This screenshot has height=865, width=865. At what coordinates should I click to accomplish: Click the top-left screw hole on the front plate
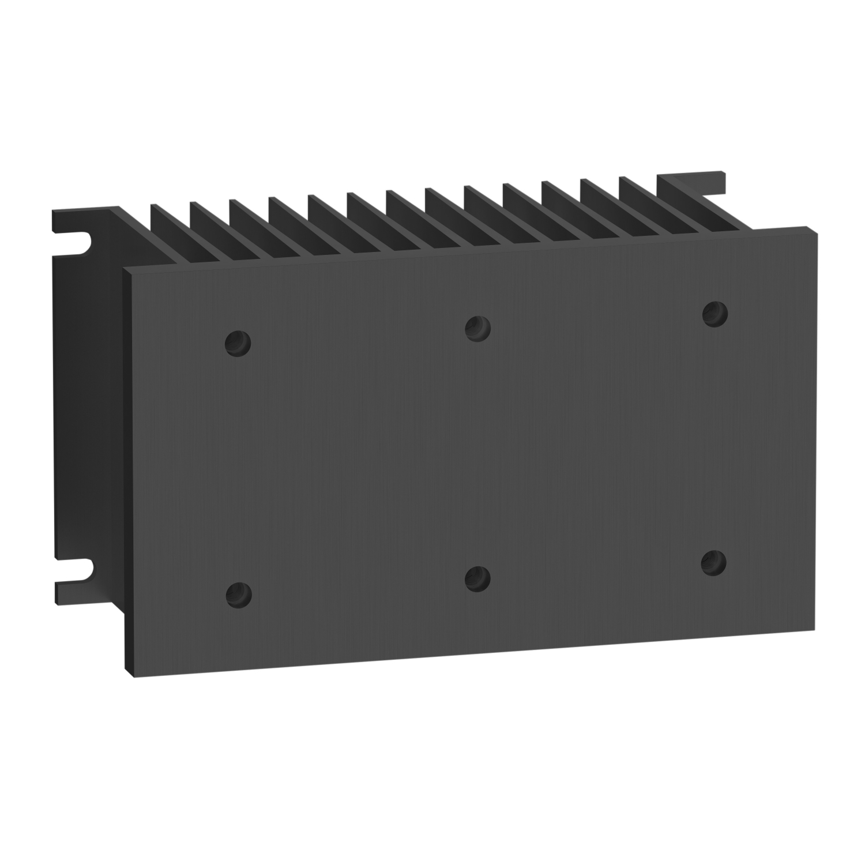(238, 344)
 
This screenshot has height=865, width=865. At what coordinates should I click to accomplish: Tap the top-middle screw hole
(477, 329)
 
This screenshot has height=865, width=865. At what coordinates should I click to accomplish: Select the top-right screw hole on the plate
(715, 313)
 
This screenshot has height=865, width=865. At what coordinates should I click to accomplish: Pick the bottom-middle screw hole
(477, 578)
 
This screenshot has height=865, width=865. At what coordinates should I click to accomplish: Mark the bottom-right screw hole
(714, 562)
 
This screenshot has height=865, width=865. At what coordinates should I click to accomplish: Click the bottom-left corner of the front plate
(134, 676)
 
